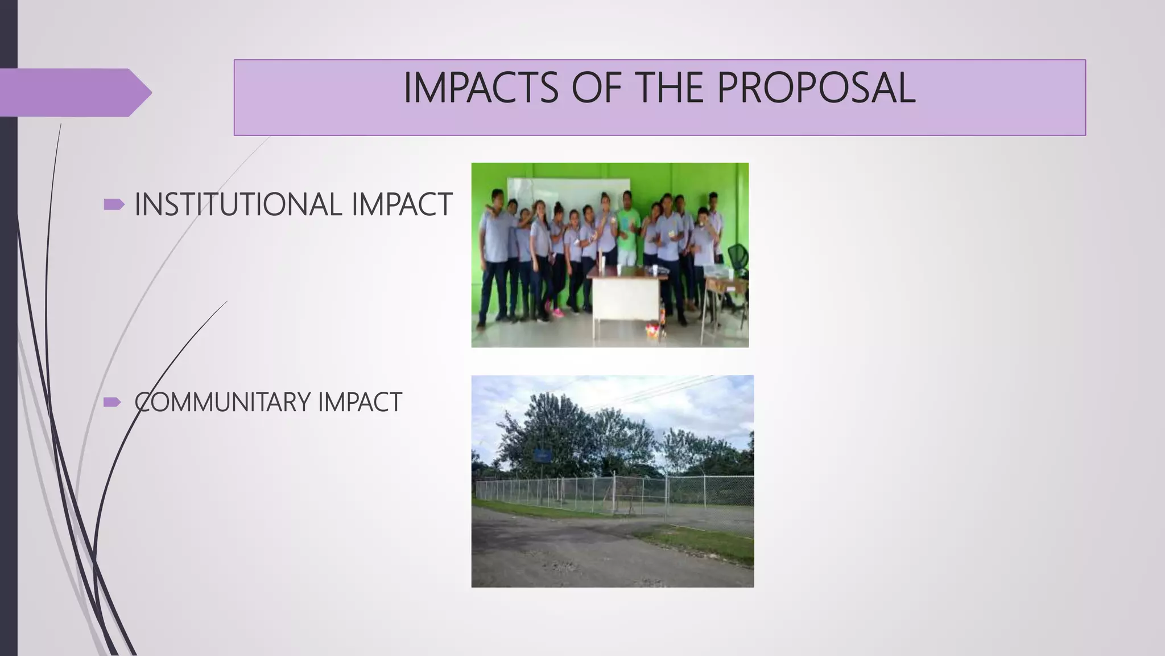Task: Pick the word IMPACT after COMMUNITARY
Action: click(x=360, y=403)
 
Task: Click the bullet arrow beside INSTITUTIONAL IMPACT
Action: click(x=113, y=204)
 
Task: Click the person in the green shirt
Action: click(x=627, y=228)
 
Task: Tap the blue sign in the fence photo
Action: click(x=543, y=455)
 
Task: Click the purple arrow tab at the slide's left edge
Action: click(x=74, y=92)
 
